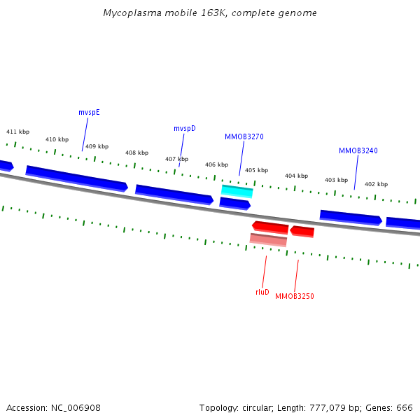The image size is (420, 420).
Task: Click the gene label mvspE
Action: point(89,112)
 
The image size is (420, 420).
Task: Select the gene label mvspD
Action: point(185,128)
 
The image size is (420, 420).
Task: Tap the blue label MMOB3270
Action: point(244,136)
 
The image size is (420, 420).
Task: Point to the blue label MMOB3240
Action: point(358,150)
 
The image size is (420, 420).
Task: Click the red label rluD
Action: point(262,292)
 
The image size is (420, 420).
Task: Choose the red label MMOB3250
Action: point(294,297)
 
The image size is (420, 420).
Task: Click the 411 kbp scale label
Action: point(18,132)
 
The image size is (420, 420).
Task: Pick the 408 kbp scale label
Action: point(136,153)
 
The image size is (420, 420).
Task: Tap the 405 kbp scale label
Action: point(256,170)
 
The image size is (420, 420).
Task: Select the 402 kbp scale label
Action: point(376,184)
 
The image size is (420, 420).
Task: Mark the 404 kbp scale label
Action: point(296,176)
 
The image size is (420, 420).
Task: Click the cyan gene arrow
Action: point(237,190)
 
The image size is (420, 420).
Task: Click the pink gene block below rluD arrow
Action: point(268,239)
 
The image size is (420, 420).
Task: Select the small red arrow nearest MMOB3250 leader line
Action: point(302,231)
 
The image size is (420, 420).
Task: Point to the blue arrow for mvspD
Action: point(174,195)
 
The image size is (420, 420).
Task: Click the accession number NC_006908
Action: point(76,407)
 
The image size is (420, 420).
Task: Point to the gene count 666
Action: point(405,407)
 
